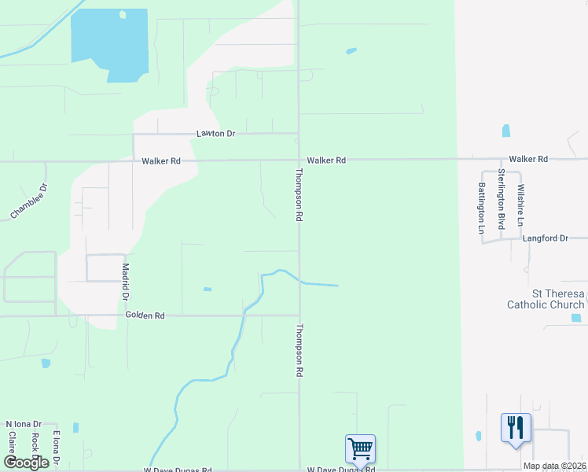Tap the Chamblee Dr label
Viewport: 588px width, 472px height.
(x=29, y=201)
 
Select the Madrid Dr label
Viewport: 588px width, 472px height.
(x=125, y=282)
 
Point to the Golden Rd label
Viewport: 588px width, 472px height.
(x=145, y=315)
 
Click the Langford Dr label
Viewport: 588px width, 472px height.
(x=545, y=238)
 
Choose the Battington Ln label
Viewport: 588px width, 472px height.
(x=481, y=208)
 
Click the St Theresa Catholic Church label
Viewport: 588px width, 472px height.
(x=546, y=299)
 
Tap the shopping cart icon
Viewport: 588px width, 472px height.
(x=360, y=448)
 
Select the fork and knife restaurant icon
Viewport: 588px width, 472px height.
(x=516, y=427)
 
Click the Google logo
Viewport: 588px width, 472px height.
(x=26, y=462)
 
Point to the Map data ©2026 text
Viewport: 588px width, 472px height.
(x=553, y=466)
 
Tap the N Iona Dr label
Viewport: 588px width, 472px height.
(x=24, y=424)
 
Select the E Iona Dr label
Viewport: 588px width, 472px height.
(x=56, y=446)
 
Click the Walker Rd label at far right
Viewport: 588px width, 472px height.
(x=528, y=159)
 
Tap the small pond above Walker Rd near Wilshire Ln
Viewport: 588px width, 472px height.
(x=505, y=131)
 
